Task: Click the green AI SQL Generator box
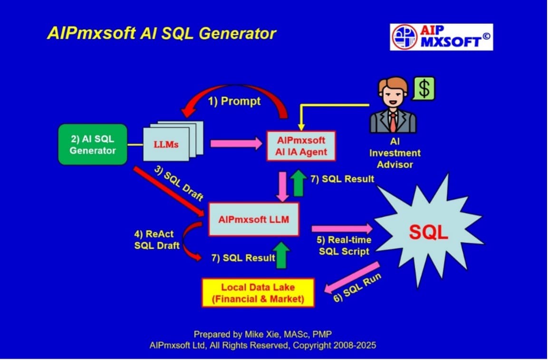(93, 145)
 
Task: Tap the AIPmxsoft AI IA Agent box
(301, 146)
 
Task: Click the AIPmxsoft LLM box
(253, 219)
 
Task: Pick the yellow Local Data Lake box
(258, 293)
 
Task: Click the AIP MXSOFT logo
(441, 37)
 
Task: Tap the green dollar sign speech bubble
(424, 88)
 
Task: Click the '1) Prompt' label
(234, 101)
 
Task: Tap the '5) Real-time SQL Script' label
(344, 245)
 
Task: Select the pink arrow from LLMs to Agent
(236, 143)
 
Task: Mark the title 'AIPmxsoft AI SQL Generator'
(162, 34)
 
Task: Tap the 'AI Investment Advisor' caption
(395, 153)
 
